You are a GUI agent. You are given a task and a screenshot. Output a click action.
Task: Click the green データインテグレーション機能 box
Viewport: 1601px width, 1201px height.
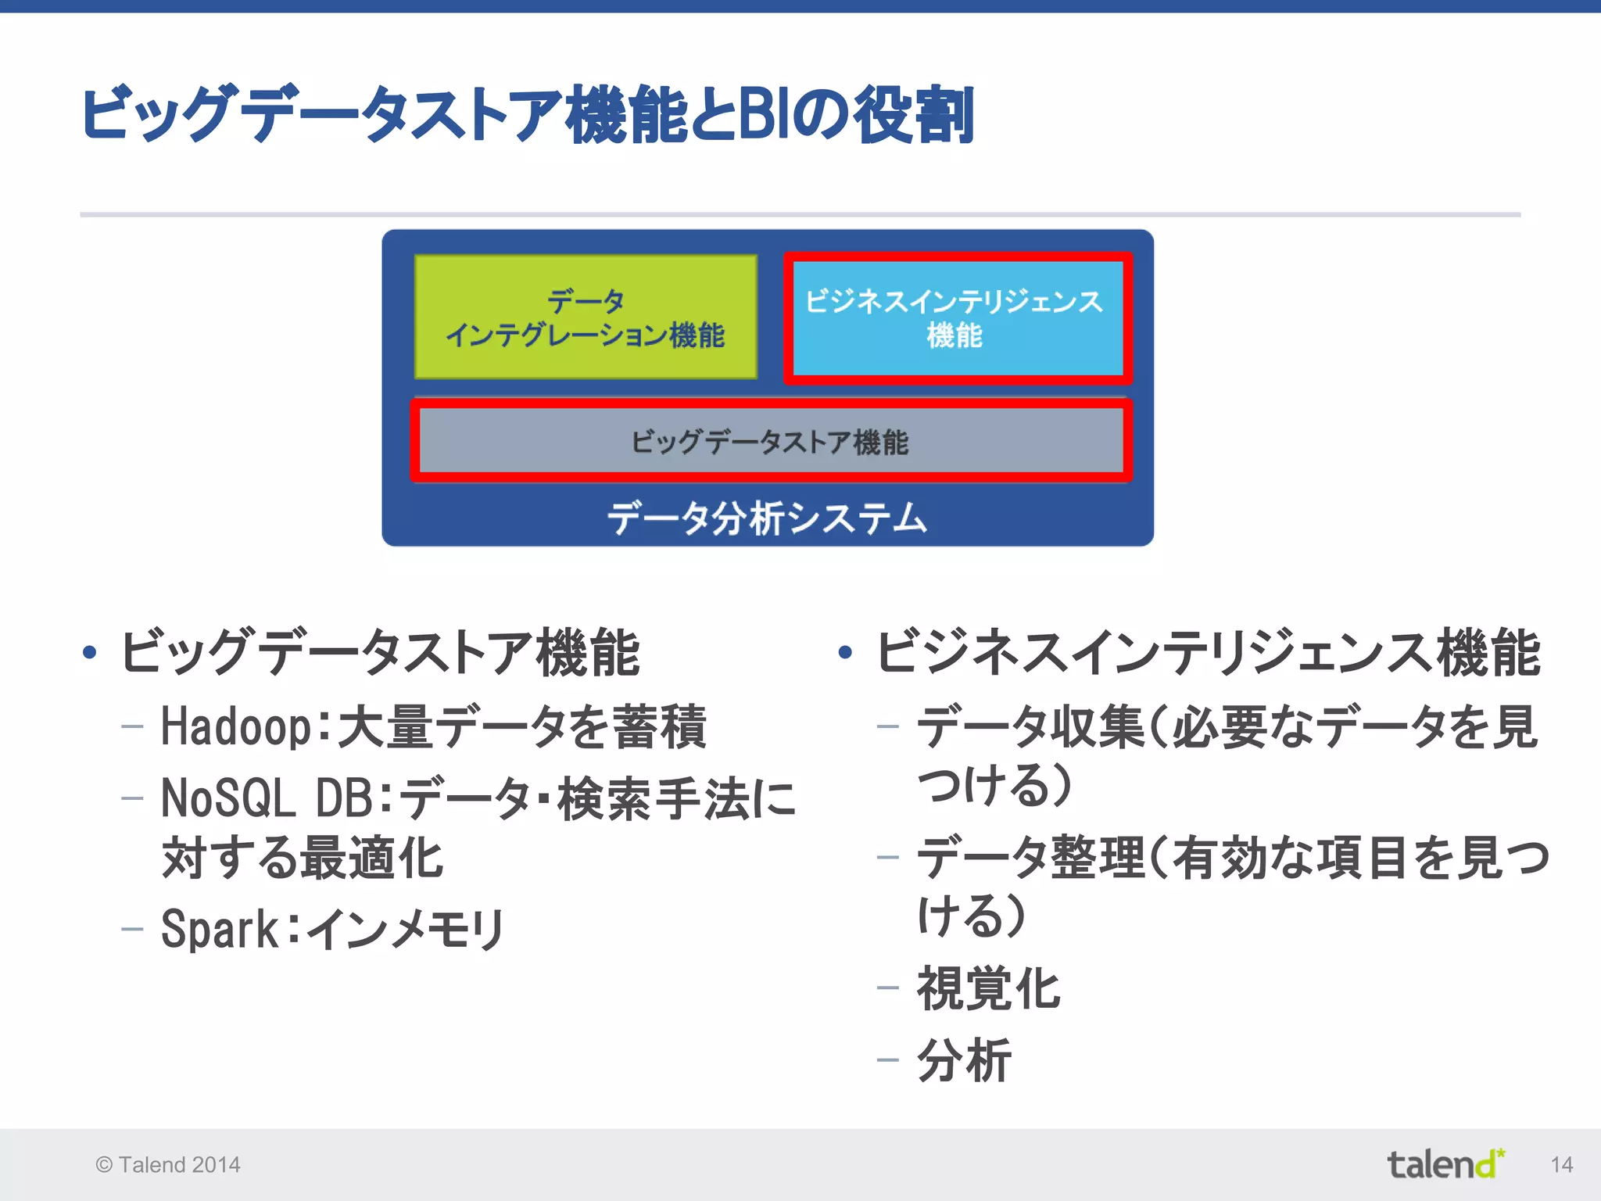[586, 317]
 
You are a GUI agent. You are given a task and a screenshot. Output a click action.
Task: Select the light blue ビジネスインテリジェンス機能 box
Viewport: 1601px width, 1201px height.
[957, 317]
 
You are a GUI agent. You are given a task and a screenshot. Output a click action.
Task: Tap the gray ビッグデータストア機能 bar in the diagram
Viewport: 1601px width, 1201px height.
[770, 442]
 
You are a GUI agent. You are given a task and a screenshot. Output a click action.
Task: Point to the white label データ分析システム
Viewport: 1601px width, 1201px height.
[767, 518]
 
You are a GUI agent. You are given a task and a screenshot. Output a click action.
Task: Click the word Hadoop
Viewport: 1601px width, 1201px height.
[235, 727]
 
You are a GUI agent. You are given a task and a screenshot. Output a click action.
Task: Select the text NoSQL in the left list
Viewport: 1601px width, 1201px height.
[227, 799]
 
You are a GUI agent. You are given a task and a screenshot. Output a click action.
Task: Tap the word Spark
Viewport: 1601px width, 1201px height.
[220, 930]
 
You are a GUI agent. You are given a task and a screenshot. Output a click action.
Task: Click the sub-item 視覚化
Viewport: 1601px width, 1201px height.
[988, 989]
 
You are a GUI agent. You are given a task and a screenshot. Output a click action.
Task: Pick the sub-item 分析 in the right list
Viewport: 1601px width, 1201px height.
[964, 1061]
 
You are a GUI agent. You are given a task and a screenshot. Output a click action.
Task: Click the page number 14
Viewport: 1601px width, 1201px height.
[1561, 1165]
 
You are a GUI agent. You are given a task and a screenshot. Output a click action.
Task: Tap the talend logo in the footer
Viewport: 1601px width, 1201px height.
[1445, 1164]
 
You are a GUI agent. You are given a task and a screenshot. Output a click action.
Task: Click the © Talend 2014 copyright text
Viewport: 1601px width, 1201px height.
[168, 1165]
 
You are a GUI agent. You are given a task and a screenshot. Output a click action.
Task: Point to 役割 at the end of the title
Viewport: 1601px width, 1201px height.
[913, 116]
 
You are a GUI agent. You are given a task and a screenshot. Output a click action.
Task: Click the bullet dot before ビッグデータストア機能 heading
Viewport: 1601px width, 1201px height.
[90, 652]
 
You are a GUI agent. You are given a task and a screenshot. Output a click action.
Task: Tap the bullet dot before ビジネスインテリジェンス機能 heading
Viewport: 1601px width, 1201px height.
[845, 652]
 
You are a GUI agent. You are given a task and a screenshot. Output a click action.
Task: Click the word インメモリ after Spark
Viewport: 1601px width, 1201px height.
[405, 930]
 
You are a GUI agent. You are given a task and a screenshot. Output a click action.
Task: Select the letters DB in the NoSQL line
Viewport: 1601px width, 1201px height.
[345, 799]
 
